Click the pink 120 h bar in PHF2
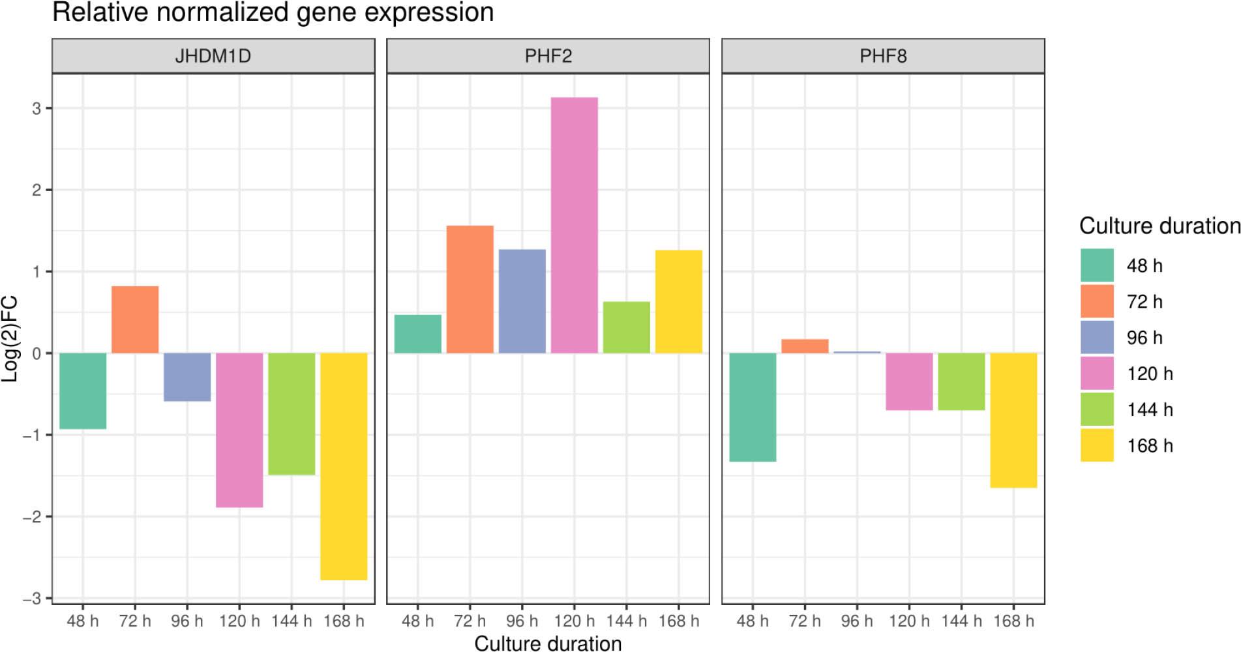(x=574, y=225)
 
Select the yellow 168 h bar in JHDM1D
(x=344, y=466)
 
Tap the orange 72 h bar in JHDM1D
(x=135, y=319)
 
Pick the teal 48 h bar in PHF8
(x=753, y=407)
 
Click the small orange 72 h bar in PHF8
(x=805, y=346)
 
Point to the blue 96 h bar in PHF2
(x=522, y=301)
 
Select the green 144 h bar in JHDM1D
(x=292, y=413)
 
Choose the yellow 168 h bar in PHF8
(x=1013, y=420)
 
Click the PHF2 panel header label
(x=548, y=56)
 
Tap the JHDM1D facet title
(x=213, y=56)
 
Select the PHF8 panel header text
(x=883, y=56)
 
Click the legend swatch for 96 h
(x=1097, y=337)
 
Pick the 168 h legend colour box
(x=1097, y=445)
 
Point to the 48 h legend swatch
(x=1097, y=265)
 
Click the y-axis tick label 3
(x=37, y=108)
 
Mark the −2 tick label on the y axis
(x=32, y=516)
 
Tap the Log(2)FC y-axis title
(x=10, y=339)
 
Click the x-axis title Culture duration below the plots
(x=548, y=644)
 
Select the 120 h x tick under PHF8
(x=909, y=621)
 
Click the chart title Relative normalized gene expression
(x=273, y=12)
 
